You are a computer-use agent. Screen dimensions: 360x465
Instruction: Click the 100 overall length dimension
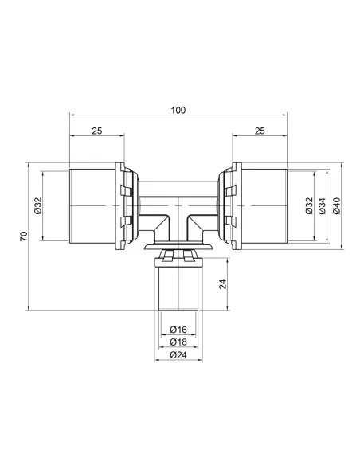point(178,111)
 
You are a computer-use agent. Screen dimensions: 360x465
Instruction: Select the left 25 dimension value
point(97,131)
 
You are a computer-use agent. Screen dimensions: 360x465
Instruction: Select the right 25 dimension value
point(260,131)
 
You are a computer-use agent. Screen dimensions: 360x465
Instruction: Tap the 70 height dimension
point(24,236)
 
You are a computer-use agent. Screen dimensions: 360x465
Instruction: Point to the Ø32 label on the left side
point(38,205)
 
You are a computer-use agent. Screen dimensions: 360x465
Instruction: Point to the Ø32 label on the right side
point(309,205)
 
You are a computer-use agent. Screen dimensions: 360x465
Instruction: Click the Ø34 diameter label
point(322,205)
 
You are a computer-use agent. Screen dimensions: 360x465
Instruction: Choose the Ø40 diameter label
point(337,205)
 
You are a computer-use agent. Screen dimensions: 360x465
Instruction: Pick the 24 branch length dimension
point(223,284)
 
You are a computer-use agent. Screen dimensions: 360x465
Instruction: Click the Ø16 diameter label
point(178,330)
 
